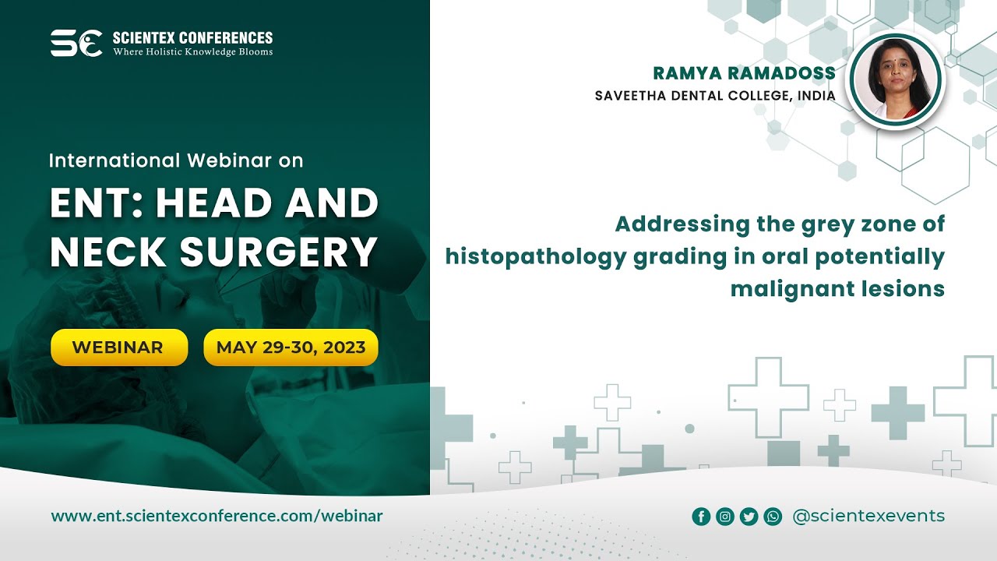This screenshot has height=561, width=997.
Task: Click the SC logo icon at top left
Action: pyautogui.click(x=76, y=43)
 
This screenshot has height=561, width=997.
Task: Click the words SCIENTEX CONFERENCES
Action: pyautogui.click(x=192, y=37)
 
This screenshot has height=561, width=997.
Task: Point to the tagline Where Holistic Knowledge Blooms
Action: pyautogui.click(x=192, y=52)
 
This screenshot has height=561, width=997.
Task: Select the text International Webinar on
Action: pyautogui.click(x=176, y=161)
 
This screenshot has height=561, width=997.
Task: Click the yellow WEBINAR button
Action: pyautogui.click(x=118, y=348)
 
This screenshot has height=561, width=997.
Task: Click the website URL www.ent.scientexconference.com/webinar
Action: pyautogui.click(x=217, y=516)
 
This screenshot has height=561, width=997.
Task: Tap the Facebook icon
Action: pyautogui.click(x=701, y=516)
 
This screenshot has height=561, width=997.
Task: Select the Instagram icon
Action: pyautogui.click(x=725, y=516)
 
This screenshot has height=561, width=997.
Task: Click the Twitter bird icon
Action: pyautogui.click(x=749, y=516)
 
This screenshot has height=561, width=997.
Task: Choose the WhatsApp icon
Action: pyautogui.click(x=773, y=516)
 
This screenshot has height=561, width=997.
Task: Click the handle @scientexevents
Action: pyautogui.click(x=868, y=516)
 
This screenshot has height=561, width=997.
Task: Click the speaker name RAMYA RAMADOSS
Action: pyautogui.click(x=744, y=73)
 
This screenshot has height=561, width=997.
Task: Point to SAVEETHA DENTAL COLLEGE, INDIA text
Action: pyautogui.click(x=715, y=96)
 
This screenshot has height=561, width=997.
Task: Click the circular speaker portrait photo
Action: pyautogui.click(x=896, y=80)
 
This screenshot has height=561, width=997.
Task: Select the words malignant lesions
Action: pyautogui.click(x=837, y=288)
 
